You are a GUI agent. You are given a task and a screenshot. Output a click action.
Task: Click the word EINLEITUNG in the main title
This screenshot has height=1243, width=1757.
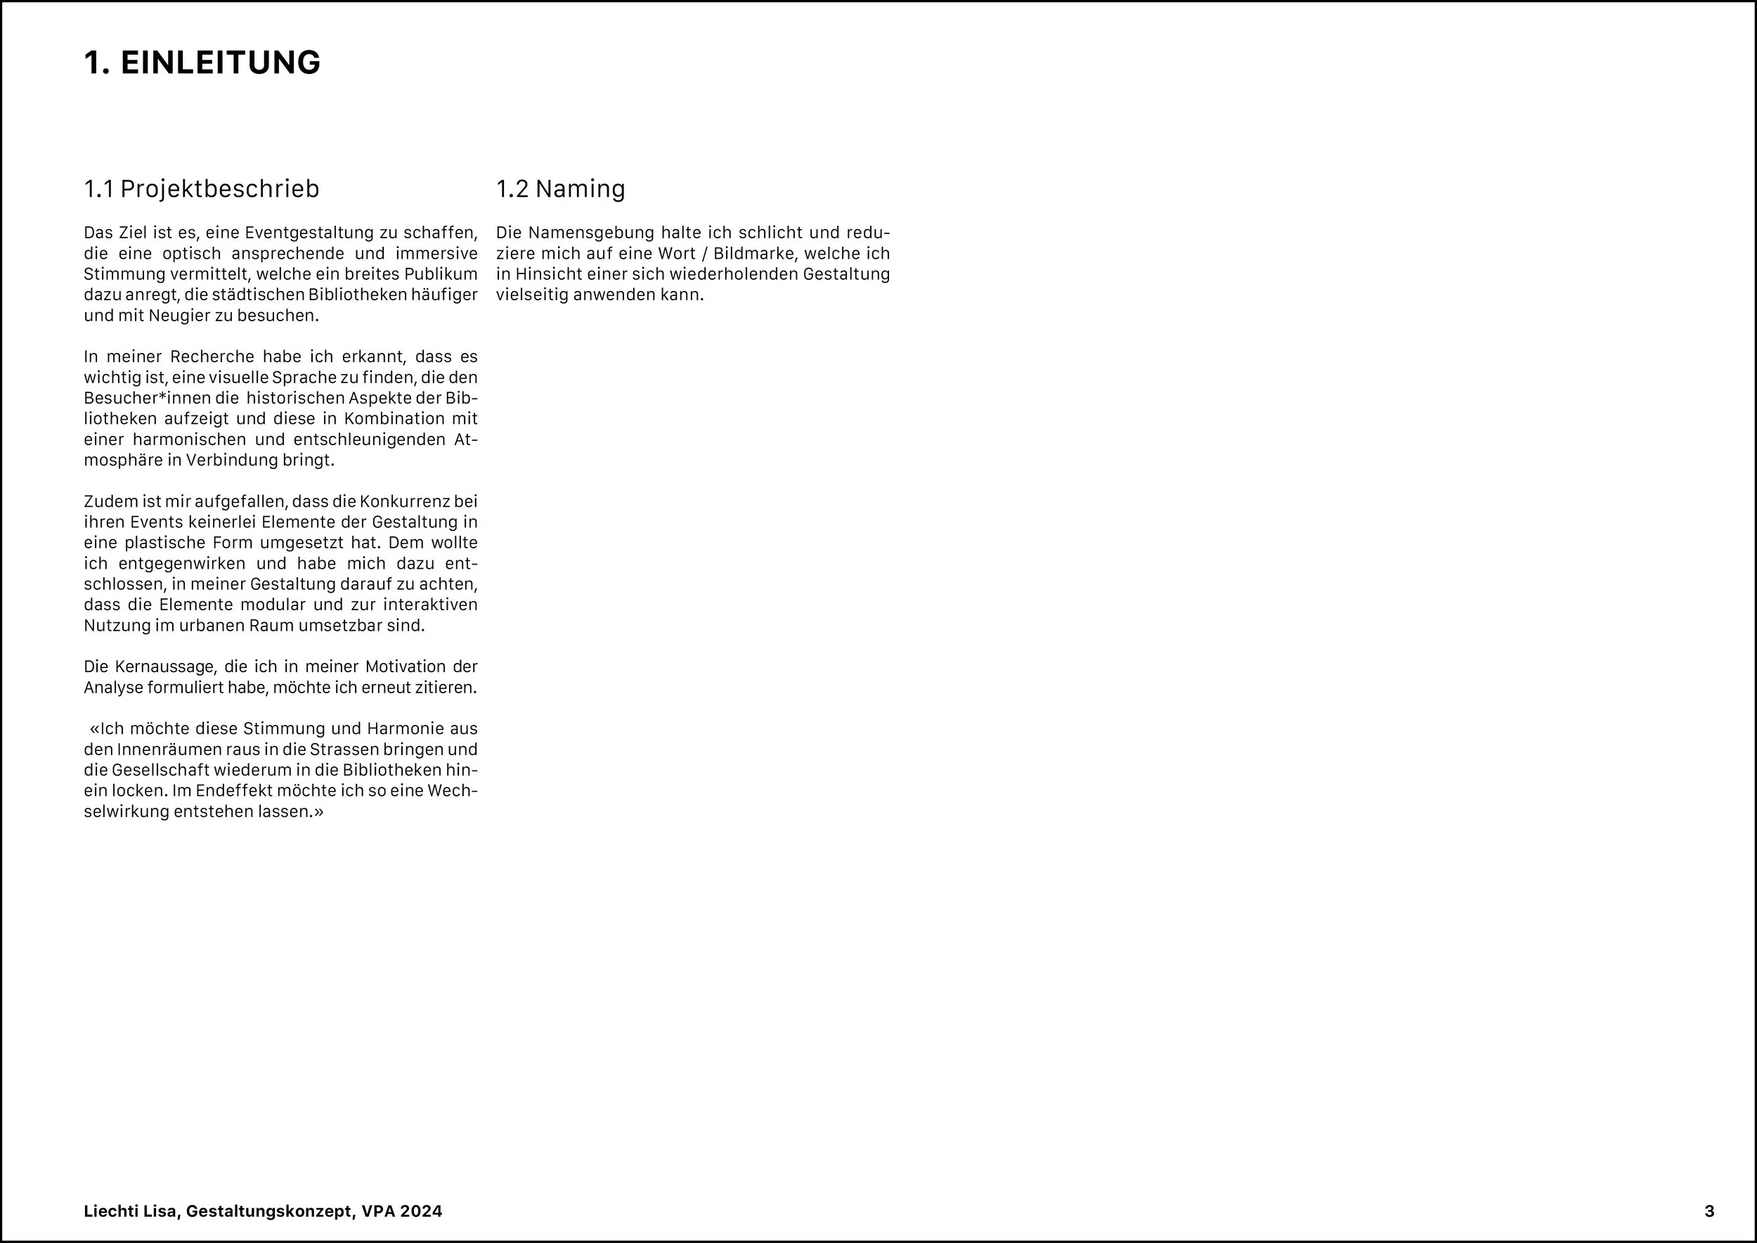tap(221, 63)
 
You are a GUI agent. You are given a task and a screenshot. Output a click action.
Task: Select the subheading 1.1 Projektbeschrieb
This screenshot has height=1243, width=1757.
tap(201, 188)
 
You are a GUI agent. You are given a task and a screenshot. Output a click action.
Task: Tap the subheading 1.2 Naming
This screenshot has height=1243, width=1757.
tap(560, 188)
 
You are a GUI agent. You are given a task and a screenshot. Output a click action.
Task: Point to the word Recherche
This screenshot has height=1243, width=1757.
tap(212, 356)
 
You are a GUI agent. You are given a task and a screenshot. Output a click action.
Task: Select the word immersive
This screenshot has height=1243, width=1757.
tap(436, 253)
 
